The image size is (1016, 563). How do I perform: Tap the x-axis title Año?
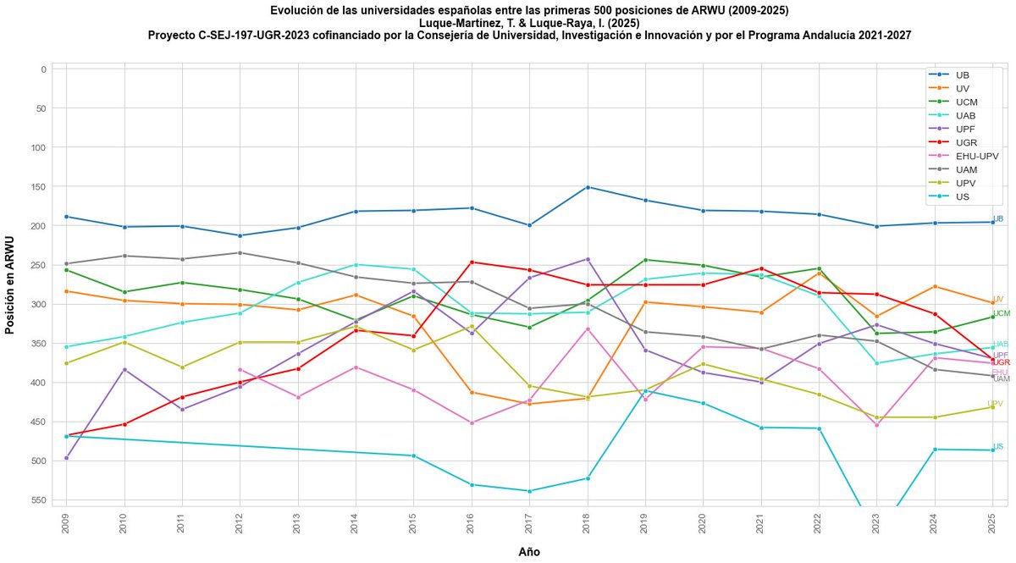pos(529,552)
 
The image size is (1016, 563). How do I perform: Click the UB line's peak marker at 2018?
pos(587,187)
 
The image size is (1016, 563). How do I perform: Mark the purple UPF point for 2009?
pos(66,458)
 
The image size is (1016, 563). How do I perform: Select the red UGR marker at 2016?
pos(471,262)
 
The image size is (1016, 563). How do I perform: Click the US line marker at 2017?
pos(529,491)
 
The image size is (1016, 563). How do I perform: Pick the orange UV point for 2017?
pos(529,404)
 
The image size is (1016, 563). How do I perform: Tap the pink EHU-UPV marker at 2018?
pos(587,328)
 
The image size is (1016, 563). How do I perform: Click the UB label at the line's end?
pos(998,218)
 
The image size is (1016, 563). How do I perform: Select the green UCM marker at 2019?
pos(645,260)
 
